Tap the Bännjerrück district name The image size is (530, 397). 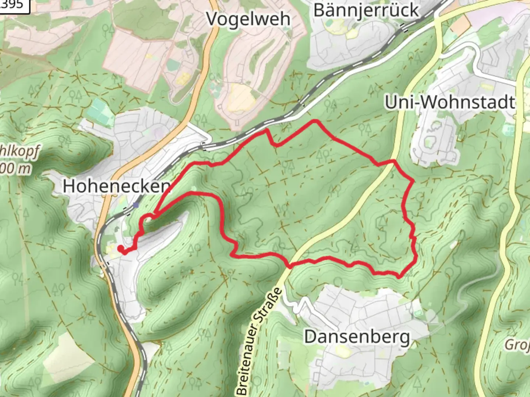[x=366, y=10]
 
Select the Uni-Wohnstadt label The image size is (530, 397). [x=449, y=102]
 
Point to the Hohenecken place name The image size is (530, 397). [x=117, y=186]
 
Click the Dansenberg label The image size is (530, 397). [x=357, y=337]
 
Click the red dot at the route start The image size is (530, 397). [x=120, y=249]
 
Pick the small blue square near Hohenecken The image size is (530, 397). [x=136, y=205]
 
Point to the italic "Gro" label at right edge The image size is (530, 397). [x=517, y=345]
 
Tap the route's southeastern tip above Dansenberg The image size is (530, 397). [x=399, y=276]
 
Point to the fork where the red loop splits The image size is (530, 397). [x=156, y=213]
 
